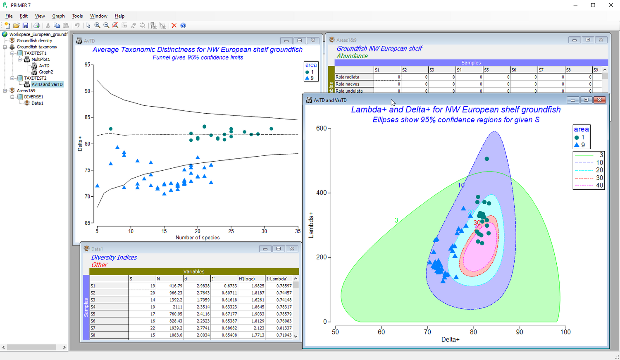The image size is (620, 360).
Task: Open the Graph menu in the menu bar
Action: click(58, 16)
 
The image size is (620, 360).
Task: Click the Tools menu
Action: click(77, 16)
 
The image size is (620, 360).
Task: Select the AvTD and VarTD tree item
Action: click(47, 84)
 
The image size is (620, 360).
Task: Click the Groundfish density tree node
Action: click(34, 41)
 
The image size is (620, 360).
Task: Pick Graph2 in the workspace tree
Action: click(46, 72)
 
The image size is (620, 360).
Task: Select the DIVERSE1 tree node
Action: click(33, 97)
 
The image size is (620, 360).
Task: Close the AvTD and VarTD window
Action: click(599, 100)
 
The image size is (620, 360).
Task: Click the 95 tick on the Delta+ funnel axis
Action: click(87, 64)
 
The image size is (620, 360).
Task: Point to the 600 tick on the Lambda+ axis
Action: click(321, 129)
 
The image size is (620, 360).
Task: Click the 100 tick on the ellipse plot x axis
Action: click(565, 332)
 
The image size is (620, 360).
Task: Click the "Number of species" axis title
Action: click(198, 238)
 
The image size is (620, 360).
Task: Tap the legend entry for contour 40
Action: click(589, 186)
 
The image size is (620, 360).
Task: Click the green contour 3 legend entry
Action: click(589, 155)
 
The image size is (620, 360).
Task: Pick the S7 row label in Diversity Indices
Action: click(93, 328)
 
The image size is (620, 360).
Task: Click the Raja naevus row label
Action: click(347, 84)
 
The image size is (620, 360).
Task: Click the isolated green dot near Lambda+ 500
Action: click(487, 159)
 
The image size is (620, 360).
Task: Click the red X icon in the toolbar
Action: click(174, 26)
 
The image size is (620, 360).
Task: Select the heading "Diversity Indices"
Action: click(114, 257)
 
